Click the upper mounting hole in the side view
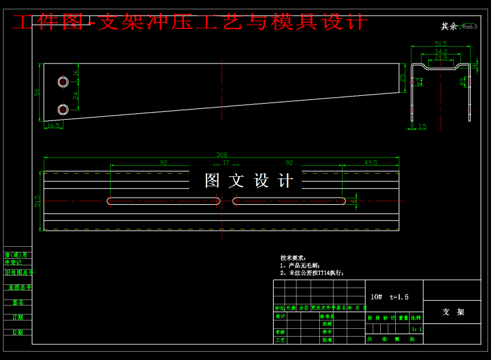(63, 81)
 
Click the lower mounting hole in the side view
(63, 109)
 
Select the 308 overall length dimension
(222, 155)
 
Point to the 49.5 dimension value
(371, 162)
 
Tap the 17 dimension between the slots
(225, 162)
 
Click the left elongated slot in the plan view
(163, 201)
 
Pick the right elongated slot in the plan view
(289, 201)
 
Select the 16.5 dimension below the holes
(53, 125)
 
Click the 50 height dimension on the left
(37, 92)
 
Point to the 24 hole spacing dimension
(76, 95)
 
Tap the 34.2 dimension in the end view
(441, 51)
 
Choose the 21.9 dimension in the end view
(441, 57)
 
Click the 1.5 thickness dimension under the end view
(422, 126)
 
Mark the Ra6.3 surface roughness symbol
(469, 27)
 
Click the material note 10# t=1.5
(389, 297)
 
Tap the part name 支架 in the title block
(453, 312)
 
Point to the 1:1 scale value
(417, 329)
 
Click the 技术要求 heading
(293, 258)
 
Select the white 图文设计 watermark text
(249, 180)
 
